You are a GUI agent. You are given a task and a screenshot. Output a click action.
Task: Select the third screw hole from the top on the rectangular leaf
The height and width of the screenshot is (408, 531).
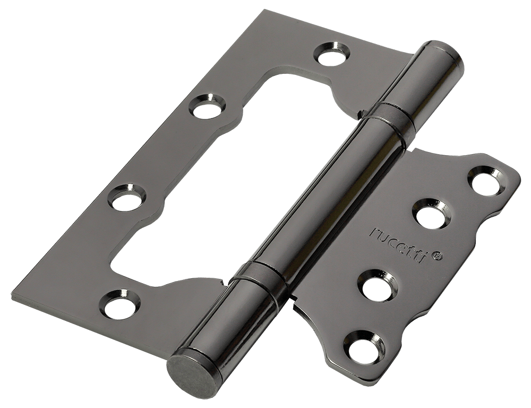coord(126,196)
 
